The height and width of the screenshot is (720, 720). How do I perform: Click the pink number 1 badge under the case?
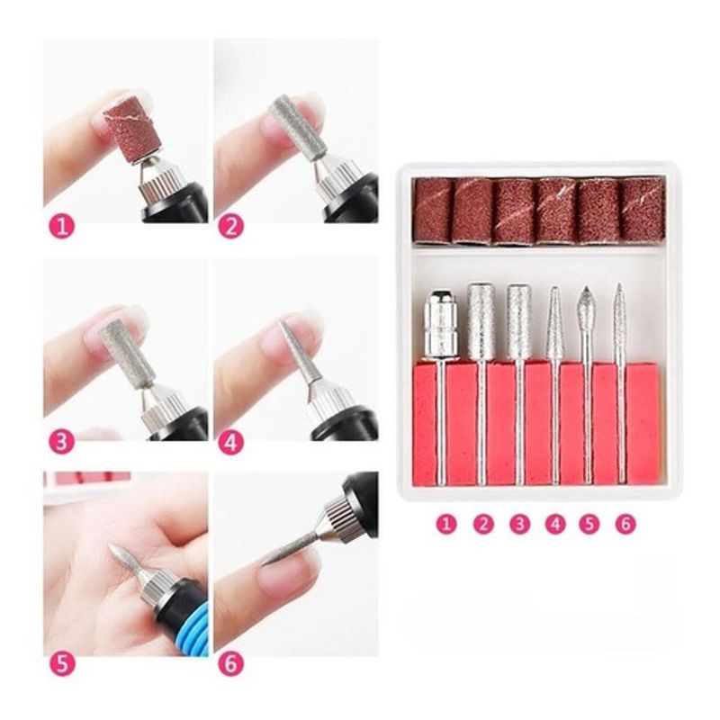447,524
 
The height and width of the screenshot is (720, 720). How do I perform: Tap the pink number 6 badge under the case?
625,524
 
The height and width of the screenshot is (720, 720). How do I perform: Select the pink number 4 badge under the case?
555,524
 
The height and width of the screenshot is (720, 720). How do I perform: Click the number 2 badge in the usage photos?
230,226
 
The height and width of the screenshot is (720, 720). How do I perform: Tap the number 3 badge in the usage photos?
61,443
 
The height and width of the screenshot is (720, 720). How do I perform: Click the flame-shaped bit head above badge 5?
586,306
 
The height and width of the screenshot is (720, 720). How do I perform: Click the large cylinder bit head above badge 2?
480,320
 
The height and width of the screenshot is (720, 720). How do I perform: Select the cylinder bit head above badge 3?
518,321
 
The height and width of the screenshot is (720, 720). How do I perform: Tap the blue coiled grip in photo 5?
186,625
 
